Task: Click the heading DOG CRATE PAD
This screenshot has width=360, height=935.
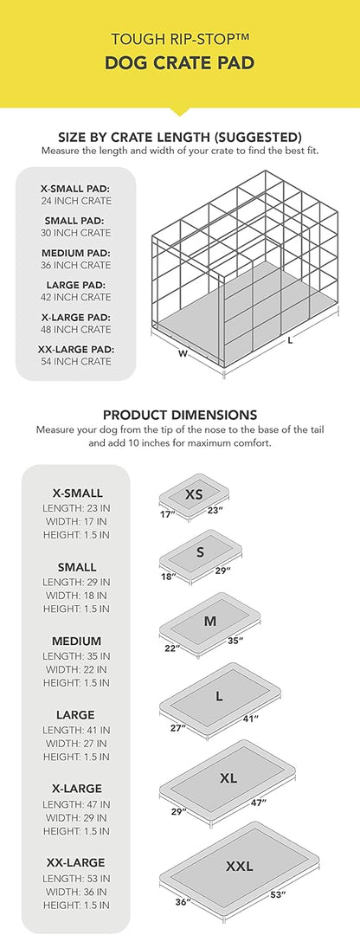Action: coord(179,62)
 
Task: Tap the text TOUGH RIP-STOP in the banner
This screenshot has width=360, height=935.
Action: coord(179,39)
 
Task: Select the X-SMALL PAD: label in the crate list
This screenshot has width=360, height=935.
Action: coord(75,187)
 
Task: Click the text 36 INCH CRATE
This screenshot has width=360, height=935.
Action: coord(75,265)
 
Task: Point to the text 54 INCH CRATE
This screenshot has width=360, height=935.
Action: coord(75,361)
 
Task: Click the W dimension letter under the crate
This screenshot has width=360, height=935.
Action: coord(183,352)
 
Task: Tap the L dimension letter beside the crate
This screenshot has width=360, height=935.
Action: coord(290,340)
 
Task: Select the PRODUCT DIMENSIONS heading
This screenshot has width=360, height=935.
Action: coord(179,415)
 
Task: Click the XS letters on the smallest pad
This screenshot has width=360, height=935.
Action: coord(194,494)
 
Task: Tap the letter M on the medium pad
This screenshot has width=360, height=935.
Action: coord(209,621)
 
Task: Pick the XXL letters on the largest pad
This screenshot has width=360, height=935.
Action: coord(239,866)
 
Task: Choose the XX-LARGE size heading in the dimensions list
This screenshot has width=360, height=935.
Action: coord(75,862)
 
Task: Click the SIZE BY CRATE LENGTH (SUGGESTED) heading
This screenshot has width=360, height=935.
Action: coord(179,137)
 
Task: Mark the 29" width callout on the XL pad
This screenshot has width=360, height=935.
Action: coord(179,812)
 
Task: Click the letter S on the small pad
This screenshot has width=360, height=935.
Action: coord(200,551)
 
